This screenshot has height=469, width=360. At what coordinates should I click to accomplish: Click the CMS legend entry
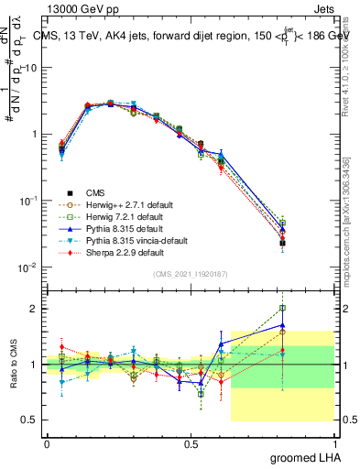94,192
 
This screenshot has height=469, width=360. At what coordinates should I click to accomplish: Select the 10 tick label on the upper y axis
31,68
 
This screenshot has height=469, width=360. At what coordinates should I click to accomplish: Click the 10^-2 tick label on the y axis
27,268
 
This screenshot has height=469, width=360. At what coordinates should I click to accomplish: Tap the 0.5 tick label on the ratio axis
31,420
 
